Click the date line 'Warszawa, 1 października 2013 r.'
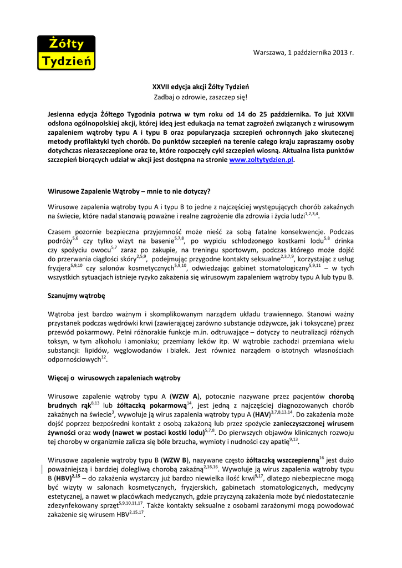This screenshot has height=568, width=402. pyautogui.click(x=303, y=52)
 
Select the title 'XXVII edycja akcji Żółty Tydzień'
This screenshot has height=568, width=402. pyautogui.click(x=201, y=87)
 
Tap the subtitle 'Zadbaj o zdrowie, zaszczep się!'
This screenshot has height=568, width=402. pyautogui.click(x=201, y=97)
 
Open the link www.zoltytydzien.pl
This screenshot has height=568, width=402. pyautogui.click(x=261, y=160)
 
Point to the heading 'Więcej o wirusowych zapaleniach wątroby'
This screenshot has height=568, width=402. pyautogui.click(x=114, y=378)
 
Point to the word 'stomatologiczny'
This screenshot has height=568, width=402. pyautogui.click(x=282, y=267)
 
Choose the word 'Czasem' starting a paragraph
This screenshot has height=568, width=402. pyautogui.click(x=60, y=232)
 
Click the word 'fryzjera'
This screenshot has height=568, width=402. pyautogui.click(x=59, y=267)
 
